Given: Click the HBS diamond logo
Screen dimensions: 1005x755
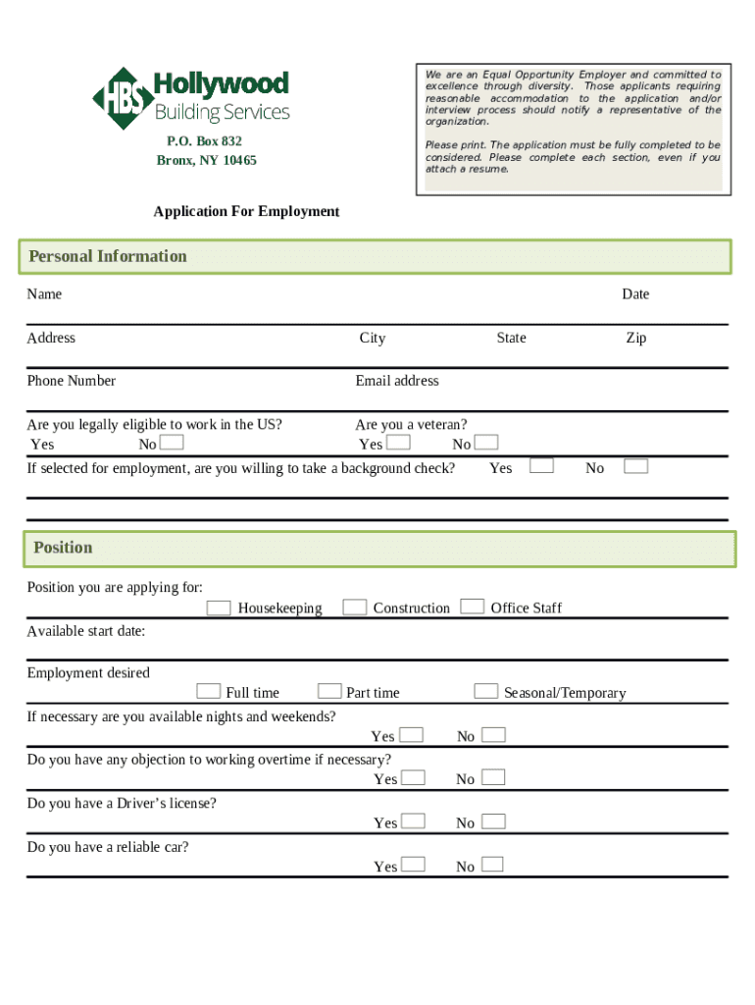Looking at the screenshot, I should [x=123, y=98].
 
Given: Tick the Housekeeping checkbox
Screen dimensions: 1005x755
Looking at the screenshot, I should [x=219, y=608].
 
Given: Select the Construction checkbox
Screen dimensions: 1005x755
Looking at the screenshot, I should [x=355, y=608].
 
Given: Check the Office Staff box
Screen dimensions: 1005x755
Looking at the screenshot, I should [x=473, y=607].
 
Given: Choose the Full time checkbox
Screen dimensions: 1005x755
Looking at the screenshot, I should [x=208, y=692].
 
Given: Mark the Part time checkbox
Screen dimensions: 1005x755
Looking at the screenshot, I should [x=329, y=692].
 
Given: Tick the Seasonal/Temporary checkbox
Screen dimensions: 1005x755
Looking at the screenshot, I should [x=485, y=692].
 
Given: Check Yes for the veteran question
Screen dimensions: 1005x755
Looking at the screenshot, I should [x=398, y=444].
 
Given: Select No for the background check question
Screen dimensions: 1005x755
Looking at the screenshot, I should [x=636, y=466].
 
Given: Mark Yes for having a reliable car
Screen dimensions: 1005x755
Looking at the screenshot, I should [x=414, y=865].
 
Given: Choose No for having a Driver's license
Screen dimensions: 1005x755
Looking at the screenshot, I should [x=494, y=821].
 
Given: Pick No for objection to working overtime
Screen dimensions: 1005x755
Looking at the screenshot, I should [x=493, y=778].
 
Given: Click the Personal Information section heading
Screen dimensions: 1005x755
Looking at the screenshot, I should [x=108, y=256].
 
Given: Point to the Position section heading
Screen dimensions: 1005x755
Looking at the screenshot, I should [x=63, y=548].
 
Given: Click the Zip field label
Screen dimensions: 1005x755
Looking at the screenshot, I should [x=635, y=338].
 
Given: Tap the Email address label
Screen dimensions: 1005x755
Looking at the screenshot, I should [x=397, y=381].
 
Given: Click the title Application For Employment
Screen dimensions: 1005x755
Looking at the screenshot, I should [x=245, y=211].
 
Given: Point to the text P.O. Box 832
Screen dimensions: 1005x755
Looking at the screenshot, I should [x=204, y=141].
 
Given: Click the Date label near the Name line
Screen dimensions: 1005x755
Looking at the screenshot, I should [x=634, y=294].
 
